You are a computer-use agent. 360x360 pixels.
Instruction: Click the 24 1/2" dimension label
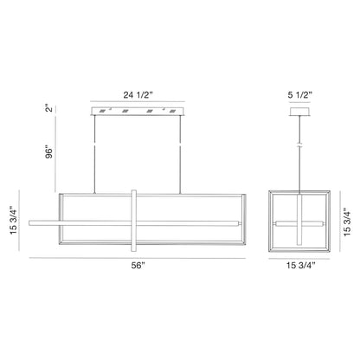click(138, 95)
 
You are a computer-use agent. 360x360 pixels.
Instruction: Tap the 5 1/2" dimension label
click(300, 94)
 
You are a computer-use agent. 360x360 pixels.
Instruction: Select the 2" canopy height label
click(49, 107)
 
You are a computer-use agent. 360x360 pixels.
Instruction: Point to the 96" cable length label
click(49, 153)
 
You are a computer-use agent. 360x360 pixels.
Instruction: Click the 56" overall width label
click(138, 266)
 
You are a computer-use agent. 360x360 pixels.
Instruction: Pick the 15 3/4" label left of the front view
click(14, 220)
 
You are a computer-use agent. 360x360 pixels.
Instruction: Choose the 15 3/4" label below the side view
click(300, 266)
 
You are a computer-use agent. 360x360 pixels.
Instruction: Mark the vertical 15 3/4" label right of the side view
click(347, 224)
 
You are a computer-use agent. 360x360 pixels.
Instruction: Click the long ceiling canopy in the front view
click(138, 112)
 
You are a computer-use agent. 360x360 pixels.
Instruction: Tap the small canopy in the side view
click(299, 112)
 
